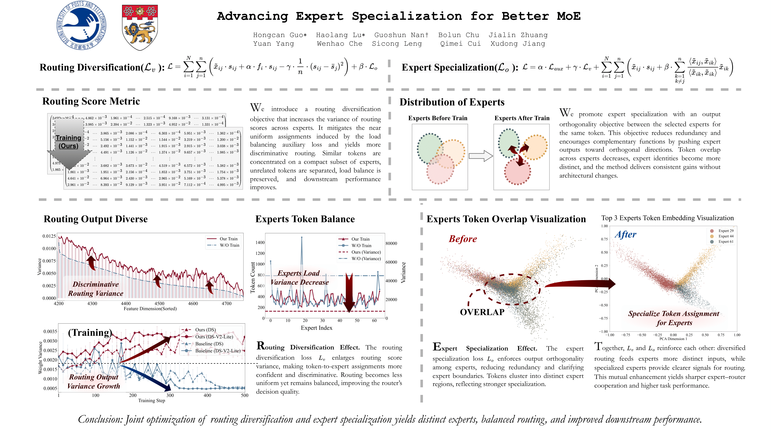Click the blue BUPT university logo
point(81,25)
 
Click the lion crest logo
point(140,27)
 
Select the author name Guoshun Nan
point(401,35)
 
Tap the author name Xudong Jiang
point(518,44)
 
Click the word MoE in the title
point(568,16)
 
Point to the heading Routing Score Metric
point(91,101)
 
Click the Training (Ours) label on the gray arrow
point(68,142)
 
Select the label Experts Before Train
point(438,118)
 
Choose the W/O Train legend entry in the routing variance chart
point(229,245)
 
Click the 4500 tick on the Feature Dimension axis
point(159,303)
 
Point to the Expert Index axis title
point(316,328)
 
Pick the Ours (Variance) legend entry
point(366,252)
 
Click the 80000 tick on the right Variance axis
point(391,243)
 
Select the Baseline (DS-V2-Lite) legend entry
point(218,350)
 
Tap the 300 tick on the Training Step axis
point(170,395)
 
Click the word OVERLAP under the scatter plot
point(482,312)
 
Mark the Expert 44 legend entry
point(726,236)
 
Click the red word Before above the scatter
point(462,239)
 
